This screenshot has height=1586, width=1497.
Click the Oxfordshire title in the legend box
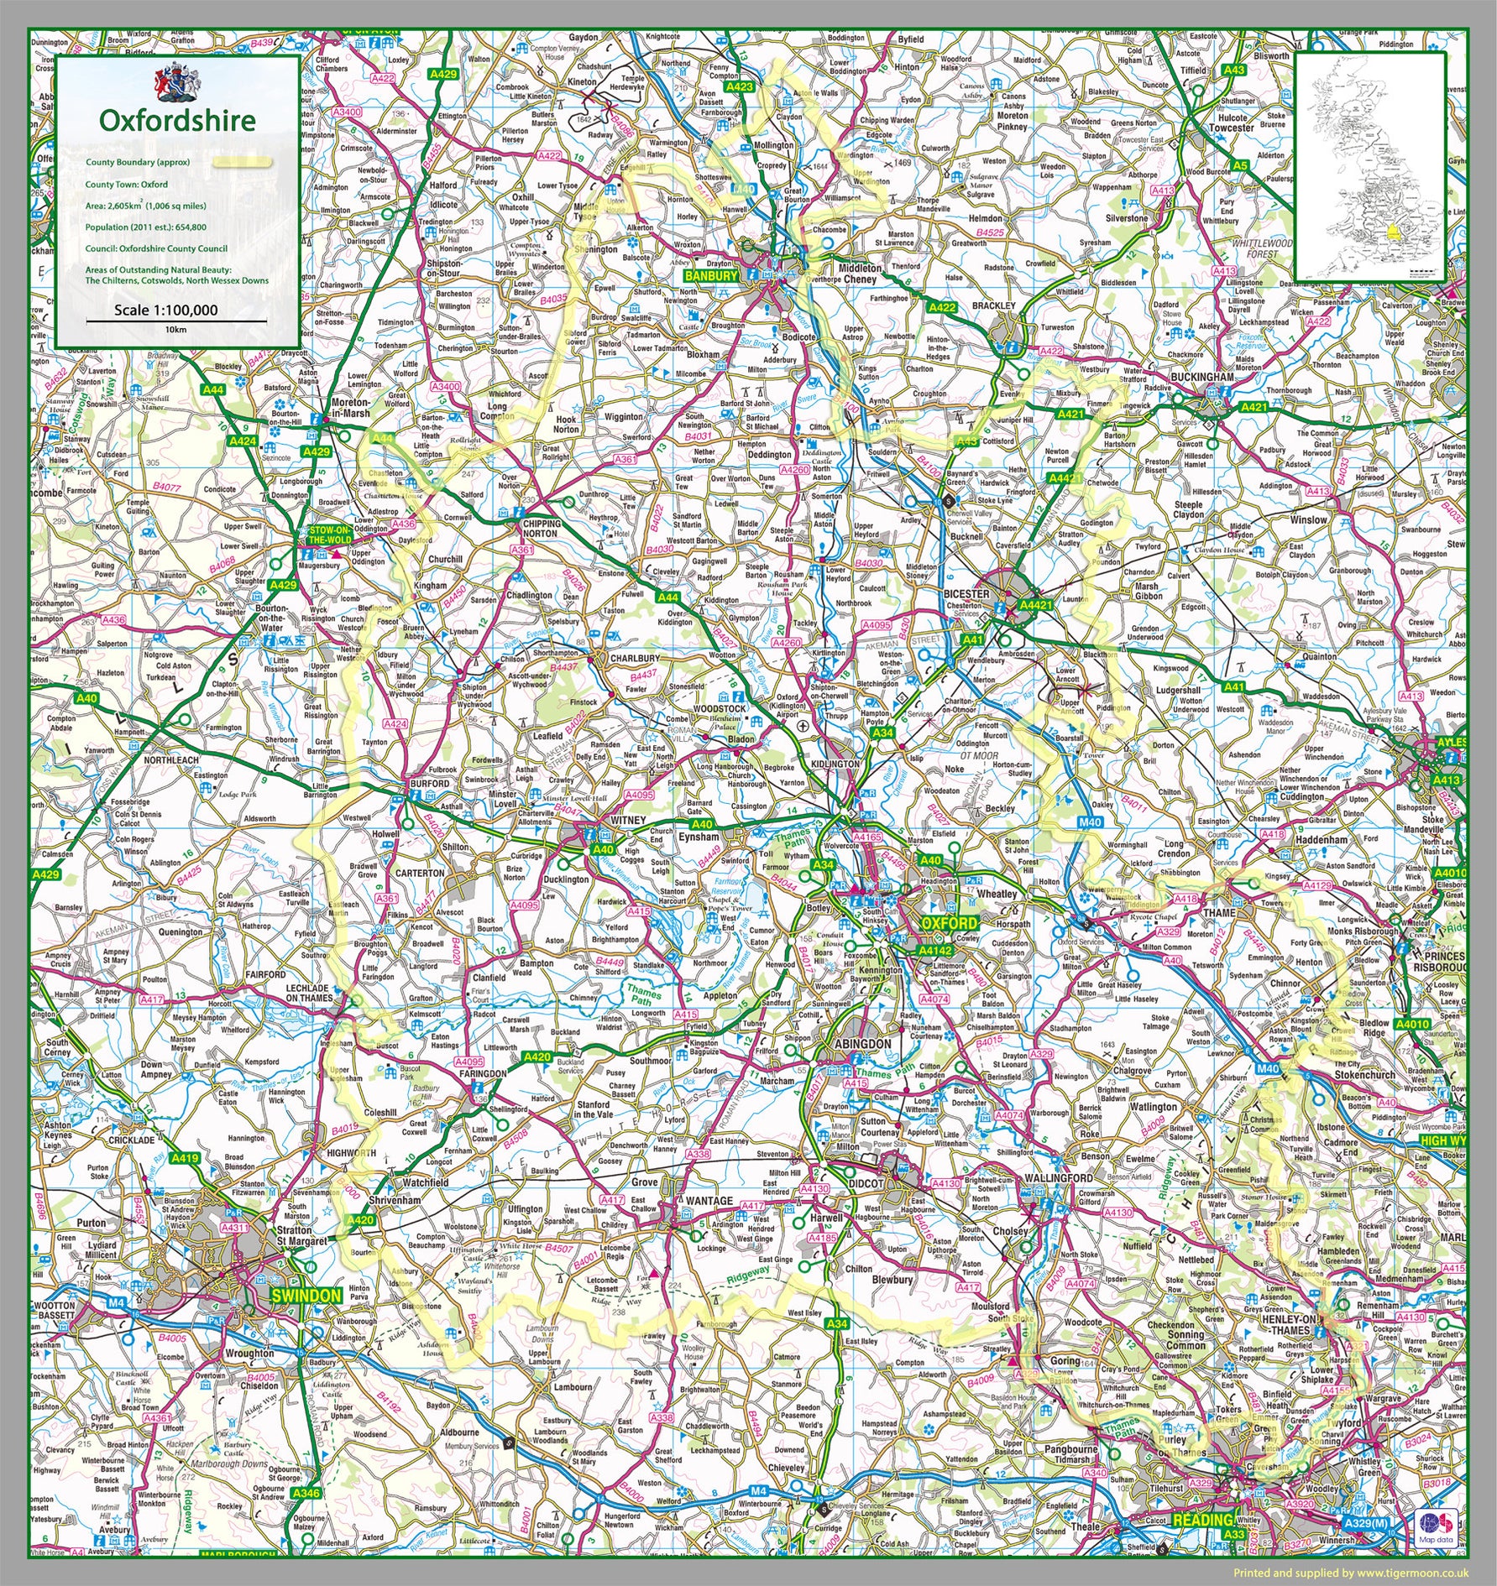point(177,120)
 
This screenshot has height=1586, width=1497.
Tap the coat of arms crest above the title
point(176,81)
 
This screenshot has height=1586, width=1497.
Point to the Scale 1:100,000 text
point(166,310)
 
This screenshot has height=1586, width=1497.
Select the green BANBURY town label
point(710,275)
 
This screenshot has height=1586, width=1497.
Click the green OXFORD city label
point(949,922)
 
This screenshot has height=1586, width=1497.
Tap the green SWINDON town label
point(306,1296)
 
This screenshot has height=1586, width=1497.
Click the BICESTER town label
point(967,593)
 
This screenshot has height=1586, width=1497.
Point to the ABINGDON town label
point(864,1043)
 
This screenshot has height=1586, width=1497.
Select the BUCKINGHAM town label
point(1201,378)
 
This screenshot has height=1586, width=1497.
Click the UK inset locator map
point(1369,166)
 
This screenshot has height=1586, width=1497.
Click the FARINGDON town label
point(483,1073)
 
